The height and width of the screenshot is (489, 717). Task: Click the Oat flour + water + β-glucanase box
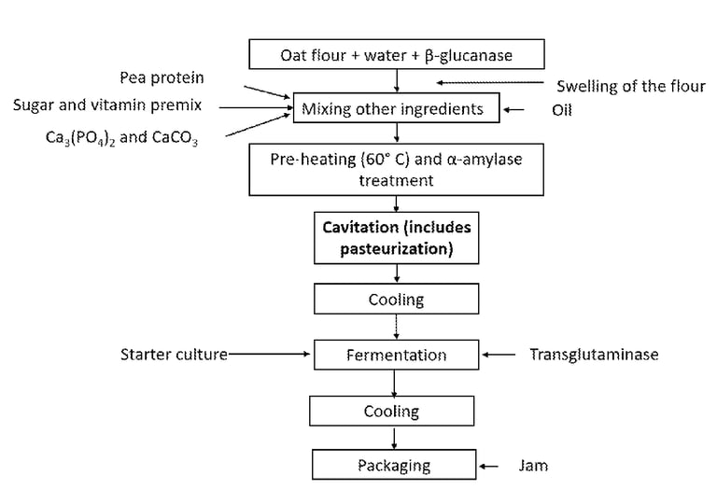[397, 55]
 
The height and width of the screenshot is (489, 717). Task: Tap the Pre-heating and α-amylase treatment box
[397, 170]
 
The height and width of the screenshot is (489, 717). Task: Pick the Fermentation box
[397, 355]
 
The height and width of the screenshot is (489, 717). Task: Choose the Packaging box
[397, 465]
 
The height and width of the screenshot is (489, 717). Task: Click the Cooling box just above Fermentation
[397, 300]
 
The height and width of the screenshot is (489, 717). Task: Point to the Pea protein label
[162, 77]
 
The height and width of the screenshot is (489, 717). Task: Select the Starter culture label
[174, 355]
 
